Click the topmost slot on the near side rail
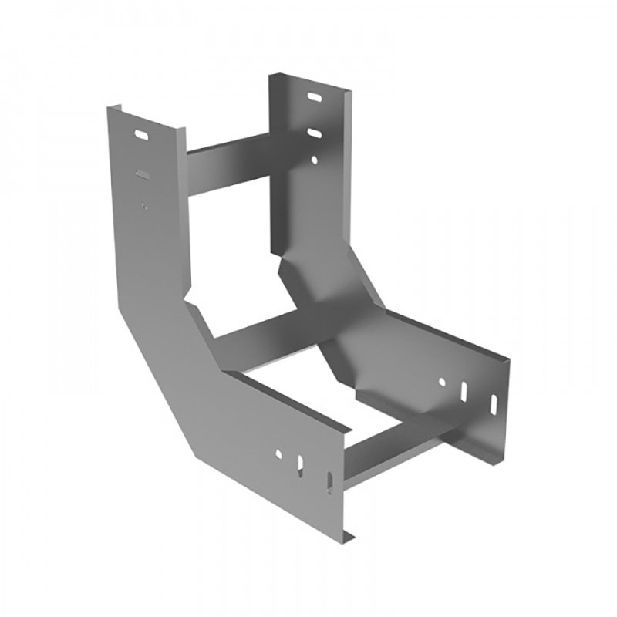143,135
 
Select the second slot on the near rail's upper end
143,174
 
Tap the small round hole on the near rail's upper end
143,204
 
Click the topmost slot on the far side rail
315,98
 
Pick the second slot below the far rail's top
315,133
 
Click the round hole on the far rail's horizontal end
442,381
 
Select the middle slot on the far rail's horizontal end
464,392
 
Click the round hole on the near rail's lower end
278,454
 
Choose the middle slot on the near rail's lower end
301,466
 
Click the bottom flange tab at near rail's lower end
349,534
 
